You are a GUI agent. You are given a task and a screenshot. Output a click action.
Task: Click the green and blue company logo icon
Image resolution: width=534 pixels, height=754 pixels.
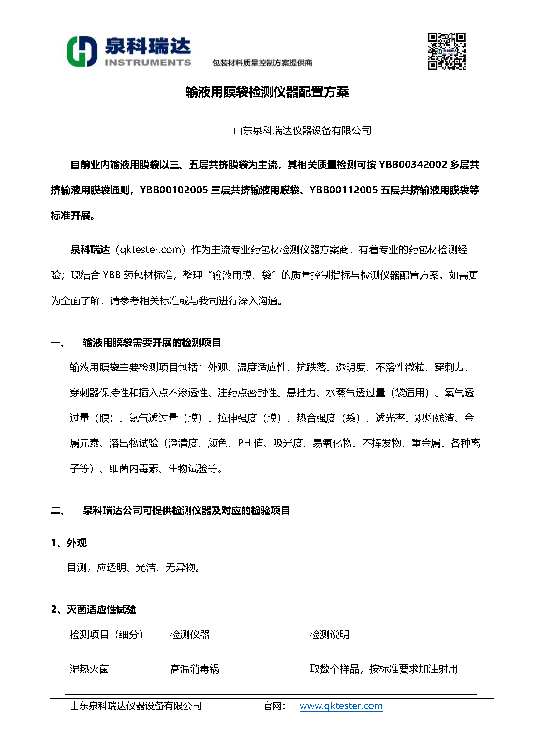[x=82, y=51]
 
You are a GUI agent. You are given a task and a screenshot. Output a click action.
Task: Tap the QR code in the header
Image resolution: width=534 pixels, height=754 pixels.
[x=447, y=51]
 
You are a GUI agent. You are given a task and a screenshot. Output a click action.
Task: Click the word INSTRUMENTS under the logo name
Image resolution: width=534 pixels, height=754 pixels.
[x=148, y=63]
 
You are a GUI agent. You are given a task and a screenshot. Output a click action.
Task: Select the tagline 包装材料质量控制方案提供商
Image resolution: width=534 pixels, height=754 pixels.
[x=262, y=63]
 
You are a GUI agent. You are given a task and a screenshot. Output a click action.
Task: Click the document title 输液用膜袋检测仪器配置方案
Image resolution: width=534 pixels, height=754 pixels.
[x=267, y=92]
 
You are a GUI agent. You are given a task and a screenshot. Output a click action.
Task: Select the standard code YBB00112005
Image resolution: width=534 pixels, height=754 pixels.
[x=343, y=190]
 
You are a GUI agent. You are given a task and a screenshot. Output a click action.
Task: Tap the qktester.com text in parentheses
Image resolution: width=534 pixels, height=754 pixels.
[x=151, y=250]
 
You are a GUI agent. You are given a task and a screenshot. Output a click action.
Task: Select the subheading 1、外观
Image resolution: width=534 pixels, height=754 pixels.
[x=69, y=543]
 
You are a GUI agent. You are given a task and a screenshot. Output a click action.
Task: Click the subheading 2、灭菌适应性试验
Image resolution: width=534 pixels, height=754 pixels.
[x=93, y=609]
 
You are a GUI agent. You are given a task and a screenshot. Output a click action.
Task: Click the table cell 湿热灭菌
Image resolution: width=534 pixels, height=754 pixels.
[x=89, y=669]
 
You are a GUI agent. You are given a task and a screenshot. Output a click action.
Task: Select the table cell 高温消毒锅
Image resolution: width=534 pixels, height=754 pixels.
[x=194, y=669]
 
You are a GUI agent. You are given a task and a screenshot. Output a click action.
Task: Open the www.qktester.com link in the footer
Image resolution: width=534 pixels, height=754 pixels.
[x=341, y=706]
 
